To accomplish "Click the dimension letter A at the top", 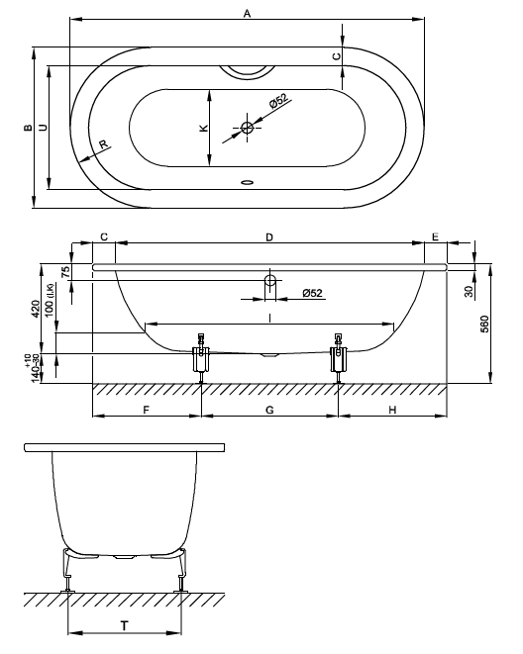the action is (x=247, y=14).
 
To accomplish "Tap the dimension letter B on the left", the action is (x=28, y=128).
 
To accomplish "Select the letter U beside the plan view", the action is (x=43, y=128).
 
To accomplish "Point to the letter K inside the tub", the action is (x=204, y=128).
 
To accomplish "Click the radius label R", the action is (x=104, y=144).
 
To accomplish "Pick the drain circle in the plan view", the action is (x=247, y=128).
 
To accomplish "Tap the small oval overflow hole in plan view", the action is (x=247, y=182).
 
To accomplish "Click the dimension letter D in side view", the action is (x=269, y=237).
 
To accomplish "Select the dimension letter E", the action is (x=436, y=236).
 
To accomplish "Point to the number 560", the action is (x=484, y=325).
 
